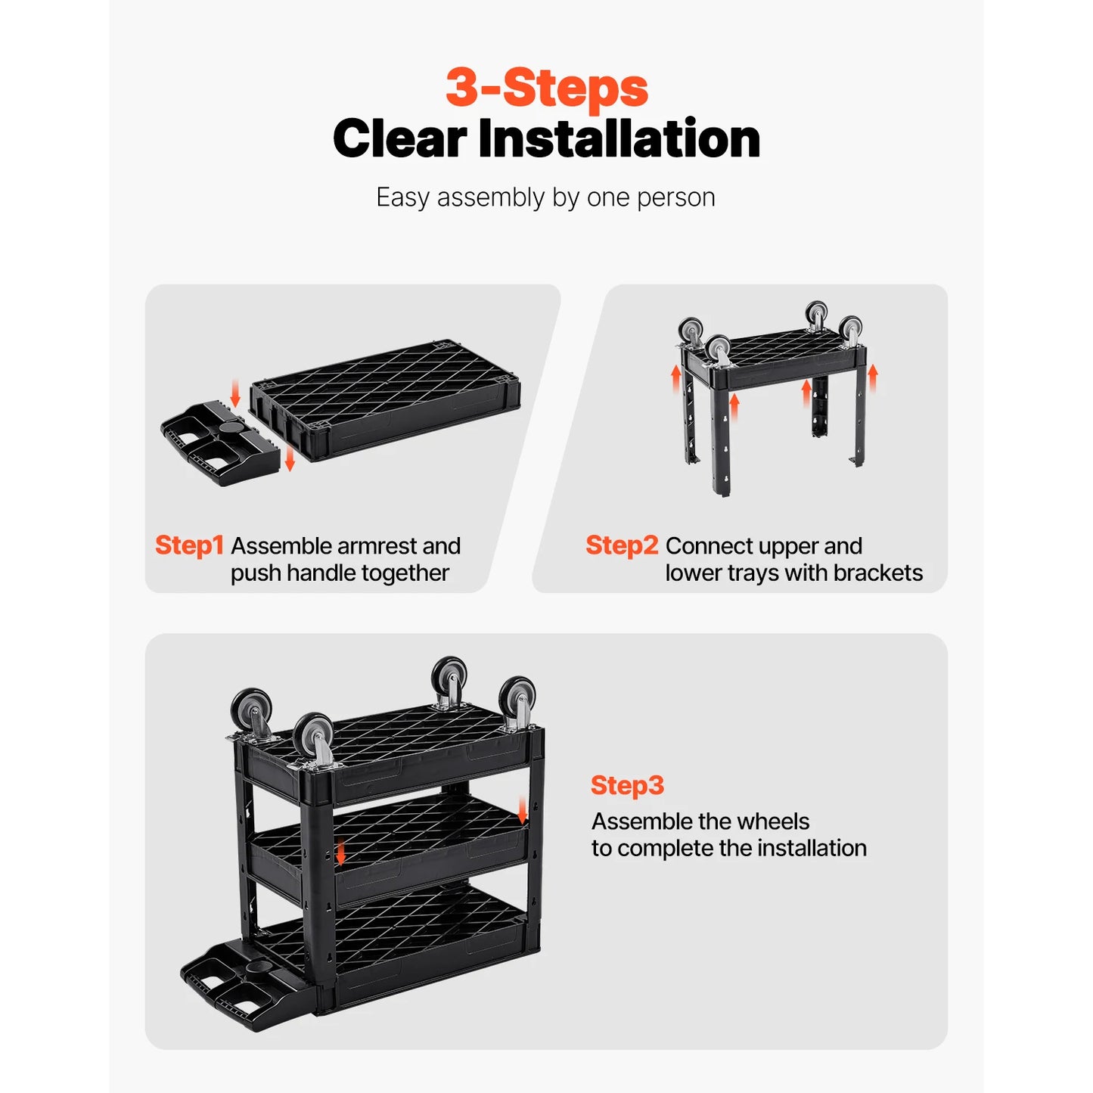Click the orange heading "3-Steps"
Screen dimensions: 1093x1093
point(546,88)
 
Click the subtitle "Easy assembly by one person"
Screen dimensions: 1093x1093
point(545,197)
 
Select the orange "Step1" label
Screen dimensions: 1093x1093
point(189,545)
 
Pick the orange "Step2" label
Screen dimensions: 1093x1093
point(621,545)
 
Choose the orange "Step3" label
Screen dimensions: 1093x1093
point(627,785)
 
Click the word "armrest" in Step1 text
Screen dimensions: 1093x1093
point(377,546)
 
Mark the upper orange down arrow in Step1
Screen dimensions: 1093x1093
point(235,393)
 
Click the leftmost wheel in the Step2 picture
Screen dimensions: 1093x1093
point(690,331)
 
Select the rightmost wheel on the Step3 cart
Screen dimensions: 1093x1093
point(517,698)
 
